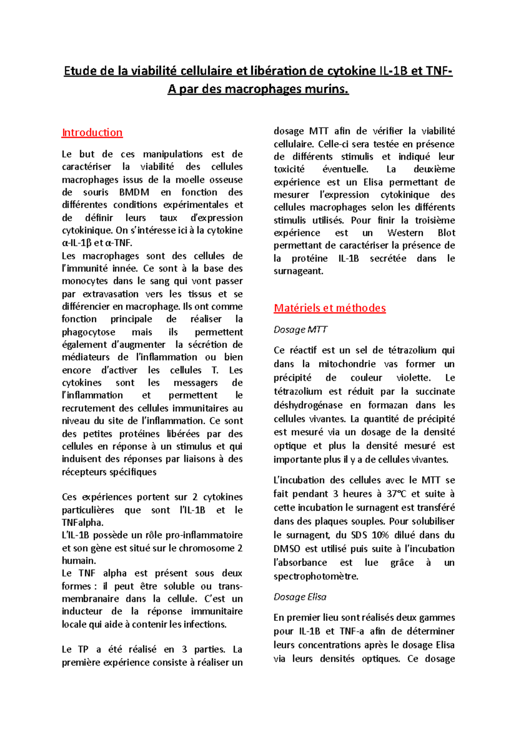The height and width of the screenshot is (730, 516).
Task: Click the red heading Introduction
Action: (92, 132)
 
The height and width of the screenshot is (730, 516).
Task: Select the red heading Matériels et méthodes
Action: (329, 308)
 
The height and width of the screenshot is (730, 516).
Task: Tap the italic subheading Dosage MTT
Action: (300, 330)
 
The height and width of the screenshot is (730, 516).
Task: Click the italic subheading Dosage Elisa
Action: (300, 597)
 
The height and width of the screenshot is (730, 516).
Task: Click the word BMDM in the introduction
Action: (134, 192)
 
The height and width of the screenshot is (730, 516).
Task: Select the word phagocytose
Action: (88, 332)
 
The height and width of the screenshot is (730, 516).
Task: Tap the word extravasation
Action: (111, 294)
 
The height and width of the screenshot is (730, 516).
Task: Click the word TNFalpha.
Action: (82, 523)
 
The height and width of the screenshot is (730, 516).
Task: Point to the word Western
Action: (405, 233)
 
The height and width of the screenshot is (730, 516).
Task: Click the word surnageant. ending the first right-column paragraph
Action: (298, 271)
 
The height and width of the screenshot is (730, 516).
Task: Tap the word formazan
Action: (387, 405)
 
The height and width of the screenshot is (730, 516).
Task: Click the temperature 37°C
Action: (396, 494)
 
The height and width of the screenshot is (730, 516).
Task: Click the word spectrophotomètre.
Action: (316, 576)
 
